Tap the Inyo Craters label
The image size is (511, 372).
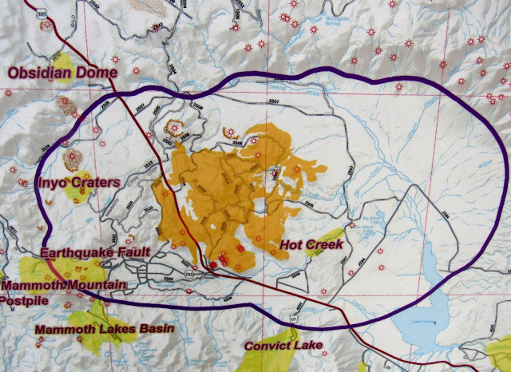[77, 184]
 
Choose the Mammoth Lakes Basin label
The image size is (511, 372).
[95, 328]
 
